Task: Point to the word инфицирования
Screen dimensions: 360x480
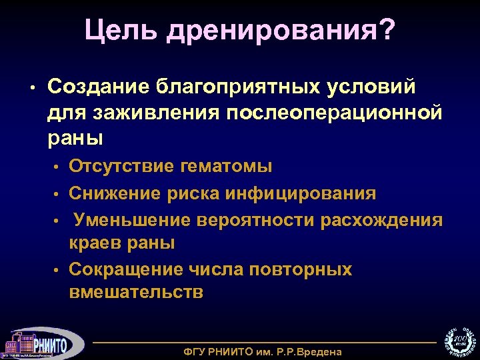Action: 301,193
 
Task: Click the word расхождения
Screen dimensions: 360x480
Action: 381,219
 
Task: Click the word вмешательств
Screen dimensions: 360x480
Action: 136,293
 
